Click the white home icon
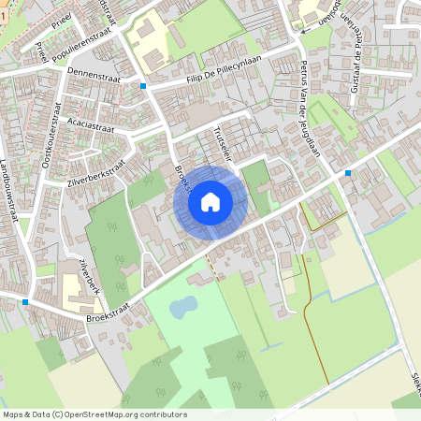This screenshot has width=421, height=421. pos(210,201)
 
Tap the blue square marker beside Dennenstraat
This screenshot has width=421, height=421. pos(143,86)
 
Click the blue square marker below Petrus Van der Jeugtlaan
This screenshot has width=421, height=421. pos(347,173)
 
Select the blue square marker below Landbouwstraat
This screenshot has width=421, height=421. pos(24,301)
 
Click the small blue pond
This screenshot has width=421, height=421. pos(182,305)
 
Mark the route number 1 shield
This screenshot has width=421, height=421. pos(3,6)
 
